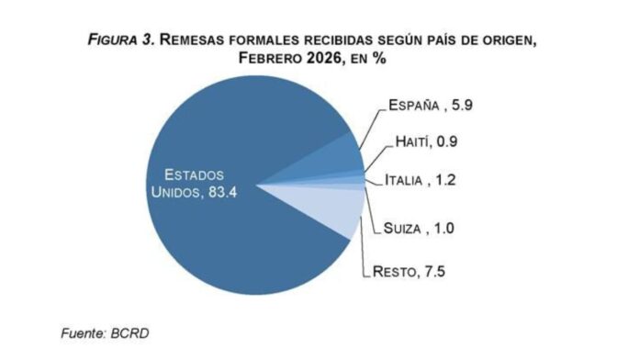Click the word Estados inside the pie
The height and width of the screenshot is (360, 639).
pos(193,174)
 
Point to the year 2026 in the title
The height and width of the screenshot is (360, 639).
pos(319,59)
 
